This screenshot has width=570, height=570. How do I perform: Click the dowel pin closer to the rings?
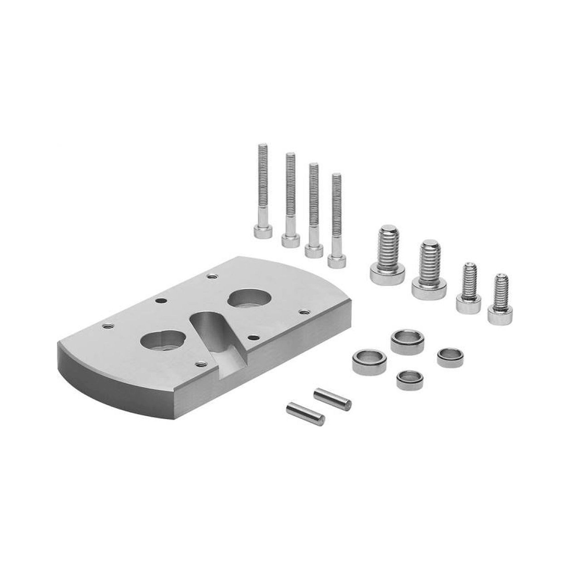[x=332, y=397]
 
